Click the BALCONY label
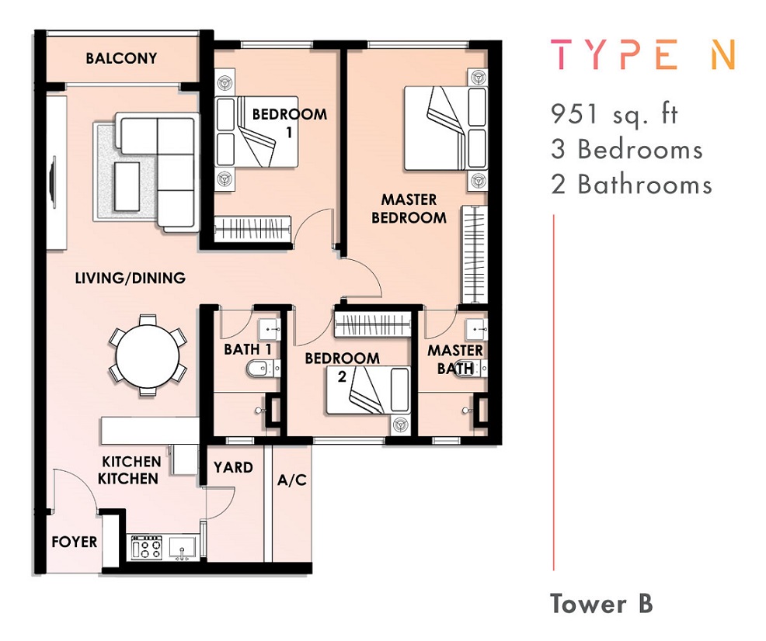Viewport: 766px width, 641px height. point(121,58)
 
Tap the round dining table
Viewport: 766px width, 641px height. point(148,355)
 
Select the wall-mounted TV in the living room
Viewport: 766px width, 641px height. point(53,182)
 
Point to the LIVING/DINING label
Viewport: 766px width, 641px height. point(130,278)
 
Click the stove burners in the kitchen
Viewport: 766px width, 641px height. point(147,547)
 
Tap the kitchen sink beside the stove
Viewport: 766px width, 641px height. point(182,547)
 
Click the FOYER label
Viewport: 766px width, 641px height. point(75,542)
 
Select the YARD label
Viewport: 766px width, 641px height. point(233,467)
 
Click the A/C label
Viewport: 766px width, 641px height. point(291,480)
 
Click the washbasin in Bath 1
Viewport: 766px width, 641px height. point(269,331)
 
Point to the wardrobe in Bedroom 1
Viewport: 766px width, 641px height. point(253,228)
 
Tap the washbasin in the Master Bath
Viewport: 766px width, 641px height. point(476,331)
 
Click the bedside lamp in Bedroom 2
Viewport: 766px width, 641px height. point(401,424)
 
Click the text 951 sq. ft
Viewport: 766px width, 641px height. point(615,115)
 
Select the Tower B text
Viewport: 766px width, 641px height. point(601,604)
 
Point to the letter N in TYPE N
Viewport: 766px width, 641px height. point(723,55)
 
